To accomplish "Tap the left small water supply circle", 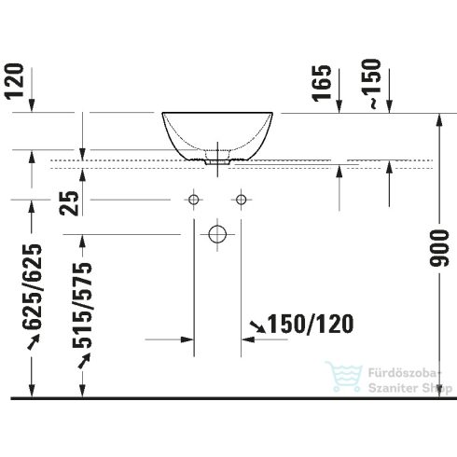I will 194,200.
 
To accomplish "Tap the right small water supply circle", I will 242,200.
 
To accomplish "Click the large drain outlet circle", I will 217,232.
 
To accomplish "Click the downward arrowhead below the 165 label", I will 339,104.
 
